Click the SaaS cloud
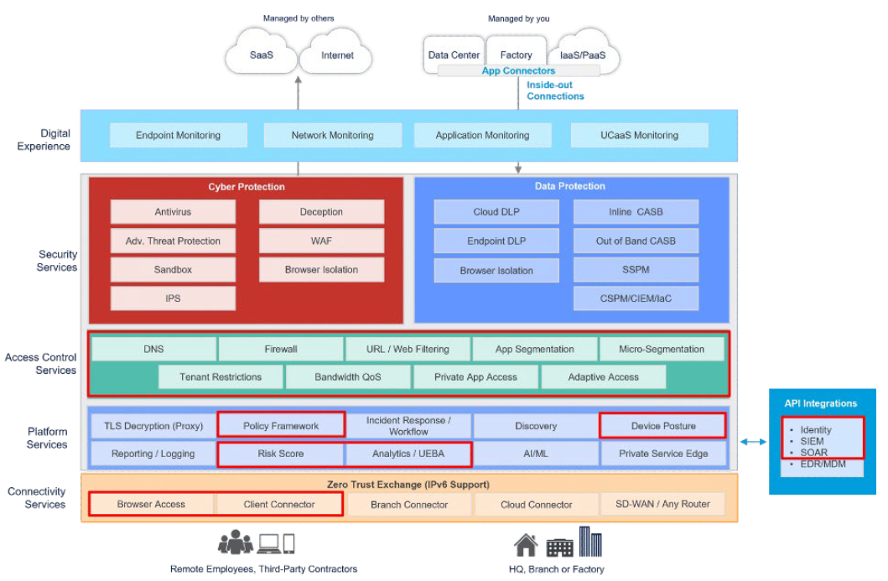coord(262,55)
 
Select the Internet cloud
coord(337,55)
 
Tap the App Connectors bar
coord(518,71)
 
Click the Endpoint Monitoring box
coord(178,135)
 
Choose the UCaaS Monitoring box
coord(639,135)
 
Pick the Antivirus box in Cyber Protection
coord(173,212)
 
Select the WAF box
coord(321,241)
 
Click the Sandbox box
coord(173,270)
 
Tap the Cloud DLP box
coord(496,212)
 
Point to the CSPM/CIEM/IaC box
coord(635,298)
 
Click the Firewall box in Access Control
coord(281,349)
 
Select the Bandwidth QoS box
coord(348,376)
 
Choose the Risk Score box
coord(280,454)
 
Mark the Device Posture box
coord(662,426)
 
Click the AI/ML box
coord(536,454)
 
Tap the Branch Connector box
coord(409,505)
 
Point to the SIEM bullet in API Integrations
coord(812,441)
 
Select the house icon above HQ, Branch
coord(526,546)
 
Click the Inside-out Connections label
coord(555,91)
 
